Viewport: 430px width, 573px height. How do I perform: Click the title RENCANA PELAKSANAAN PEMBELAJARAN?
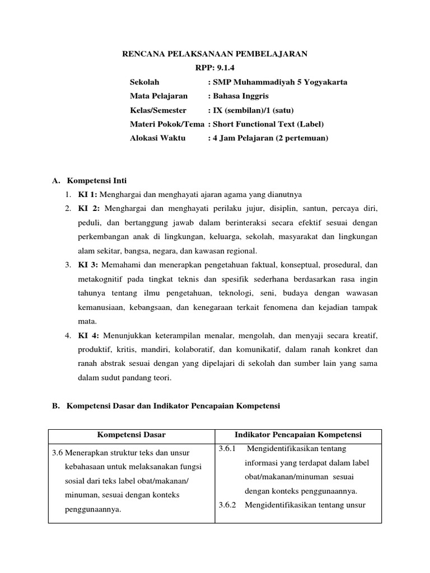point(215,54)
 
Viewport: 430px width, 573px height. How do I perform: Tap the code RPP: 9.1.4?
point(216,68)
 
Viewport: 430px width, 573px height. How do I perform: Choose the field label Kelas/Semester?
point(158,110)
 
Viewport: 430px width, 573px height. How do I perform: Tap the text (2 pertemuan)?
point(302,138)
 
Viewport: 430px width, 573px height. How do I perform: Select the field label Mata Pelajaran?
point(159,96)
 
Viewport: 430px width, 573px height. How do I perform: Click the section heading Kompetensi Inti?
point(97,181)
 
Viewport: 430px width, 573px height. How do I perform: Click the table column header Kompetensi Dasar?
point(132,435)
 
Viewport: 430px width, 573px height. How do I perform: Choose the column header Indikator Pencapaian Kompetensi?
point(298,435)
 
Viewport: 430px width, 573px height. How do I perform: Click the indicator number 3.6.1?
point(228,449)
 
